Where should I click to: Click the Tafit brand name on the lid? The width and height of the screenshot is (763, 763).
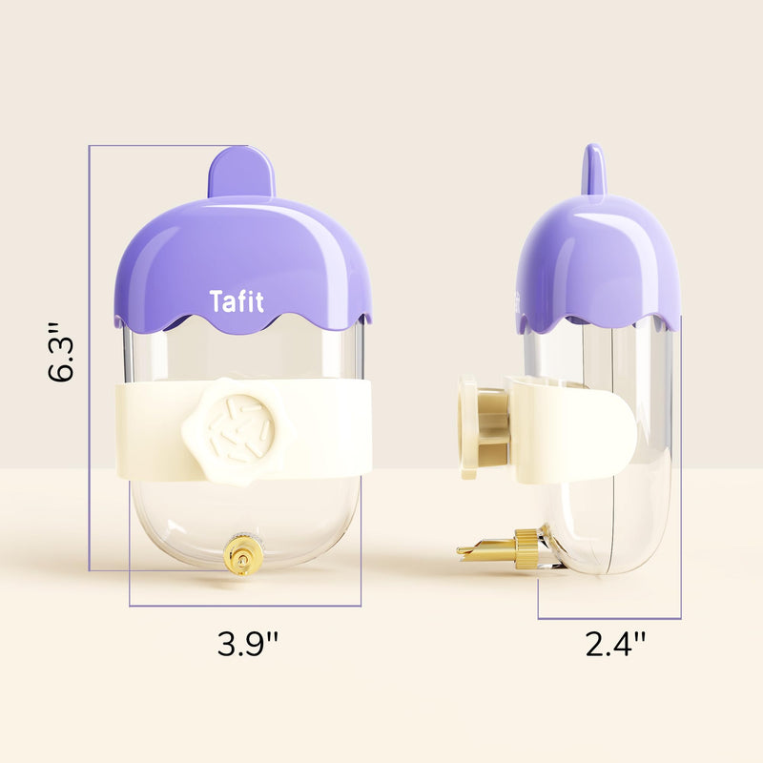[x=237, y=301]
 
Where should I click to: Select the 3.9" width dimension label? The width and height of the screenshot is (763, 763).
[x=247, y=645]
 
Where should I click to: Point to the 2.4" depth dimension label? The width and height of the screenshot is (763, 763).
[x=616, y=645]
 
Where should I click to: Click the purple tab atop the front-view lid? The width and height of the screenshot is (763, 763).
[x=241, y=173]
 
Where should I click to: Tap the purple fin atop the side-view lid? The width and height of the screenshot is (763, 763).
[x=594, y=169]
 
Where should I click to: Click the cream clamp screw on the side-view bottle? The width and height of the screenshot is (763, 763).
[x=470, y=428]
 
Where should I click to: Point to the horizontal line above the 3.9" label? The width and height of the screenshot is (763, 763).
[x=245, y=606]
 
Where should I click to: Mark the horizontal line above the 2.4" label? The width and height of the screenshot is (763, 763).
[x=609, y=618]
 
